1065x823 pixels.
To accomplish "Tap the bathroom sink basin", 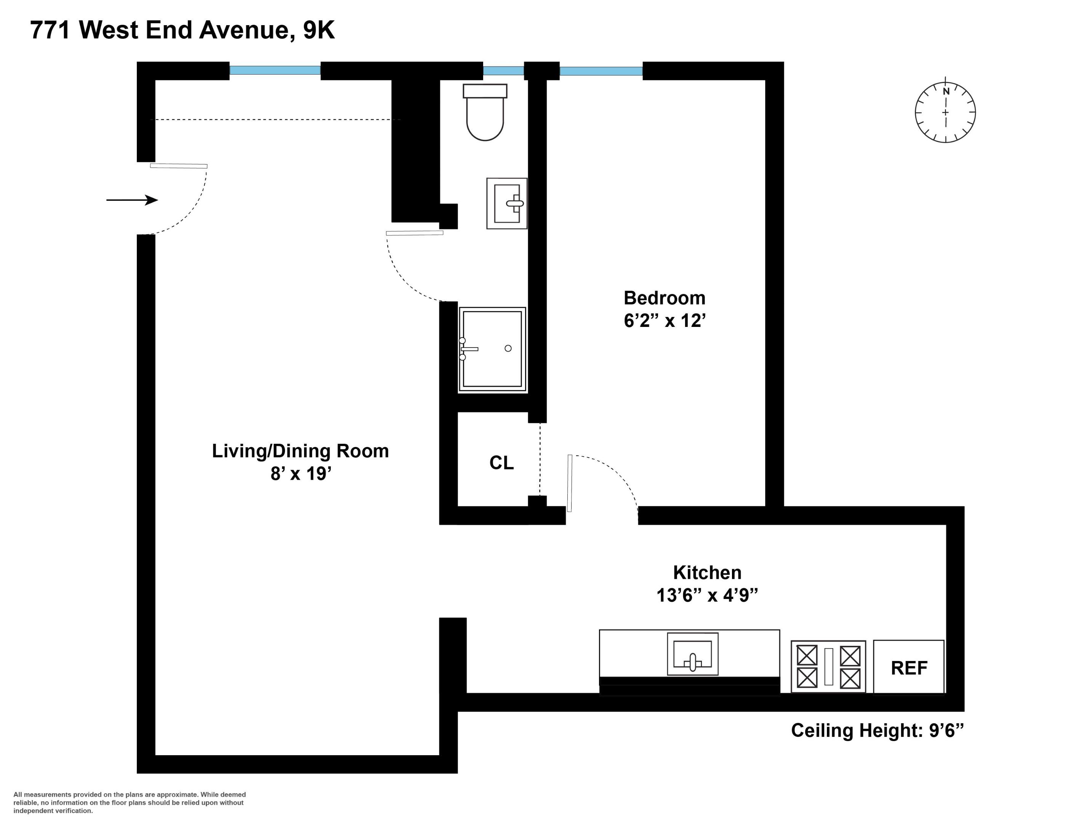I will (507, 203).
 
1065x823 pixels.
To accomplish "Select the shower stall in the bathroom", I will (492, 349).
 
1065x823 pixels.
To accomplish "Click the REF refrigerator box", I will (908, 667).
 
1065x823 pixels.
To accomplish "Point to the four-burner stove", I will (828, 666).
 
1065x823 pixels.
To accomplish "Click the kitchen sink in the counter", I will (692, 654).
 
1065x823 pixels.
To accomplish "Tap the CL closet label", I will (501, 463).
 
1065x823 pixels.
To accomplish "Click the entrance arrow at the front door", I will (132, 200).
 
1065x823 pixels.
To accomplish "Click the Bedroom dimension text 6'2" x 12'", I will (665, 321).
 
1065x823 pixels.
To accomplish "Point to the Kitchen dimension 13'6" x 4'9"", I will (707, 595).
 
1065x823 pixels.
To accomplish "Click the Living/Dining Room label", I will (300, 451).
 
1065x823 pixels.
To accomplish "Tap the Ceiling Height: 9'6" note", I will (877, 730).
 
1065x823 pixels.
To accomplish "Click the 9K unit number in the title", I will (319, 30).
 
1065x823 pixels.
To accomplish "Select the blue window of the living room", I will (275, 70).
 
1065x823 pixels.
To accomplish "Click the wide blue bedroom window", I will (601, 71).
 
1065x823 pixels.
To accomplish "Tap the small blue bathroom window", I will (503, 71).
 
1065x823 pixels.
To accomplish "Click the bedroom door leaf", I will (570, 483).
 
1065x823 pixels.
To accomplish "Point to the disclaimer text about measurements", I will (129, 802).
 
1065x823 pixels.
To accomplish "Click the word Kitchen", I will (707, 572).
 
